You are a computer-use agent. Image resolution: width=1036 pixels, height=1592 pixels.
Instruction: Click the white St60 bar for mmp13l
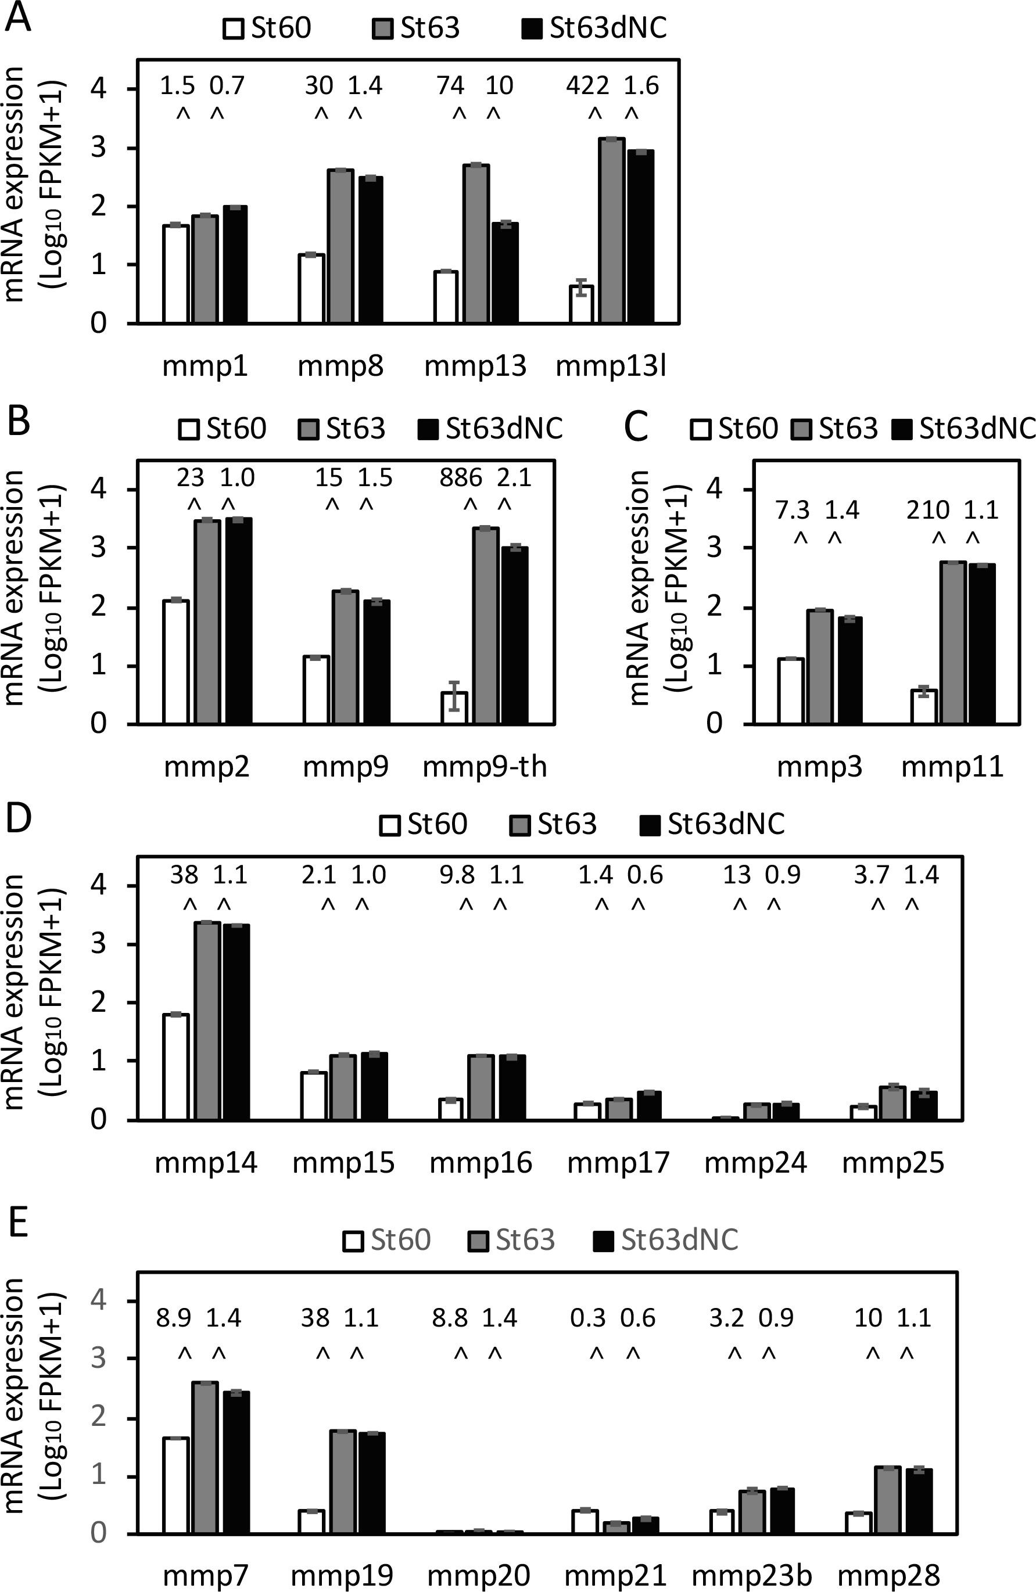tap(581, 304)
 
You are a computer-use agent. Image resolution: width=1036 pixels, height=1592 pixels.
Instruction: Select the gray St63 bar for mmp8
tap(340, 247)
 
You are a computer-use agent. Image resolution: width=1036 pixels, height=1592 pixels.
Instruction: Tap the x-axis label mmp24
tap(755, 1163)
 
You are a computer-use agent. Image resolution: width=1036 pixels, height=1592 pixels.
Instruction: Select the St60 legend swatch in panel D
tap(391, 825)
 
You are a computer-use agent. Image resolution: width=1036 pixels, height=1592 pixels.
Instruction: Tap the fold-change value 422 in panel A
tap(587, 85)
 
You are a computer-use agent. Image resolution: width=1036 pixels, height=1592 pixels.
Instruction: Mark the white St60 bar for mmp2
tap(176, 662)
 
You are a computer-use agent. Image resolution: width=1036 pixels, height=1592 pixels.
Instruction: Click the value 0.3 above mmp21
tap(588, 1318)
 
